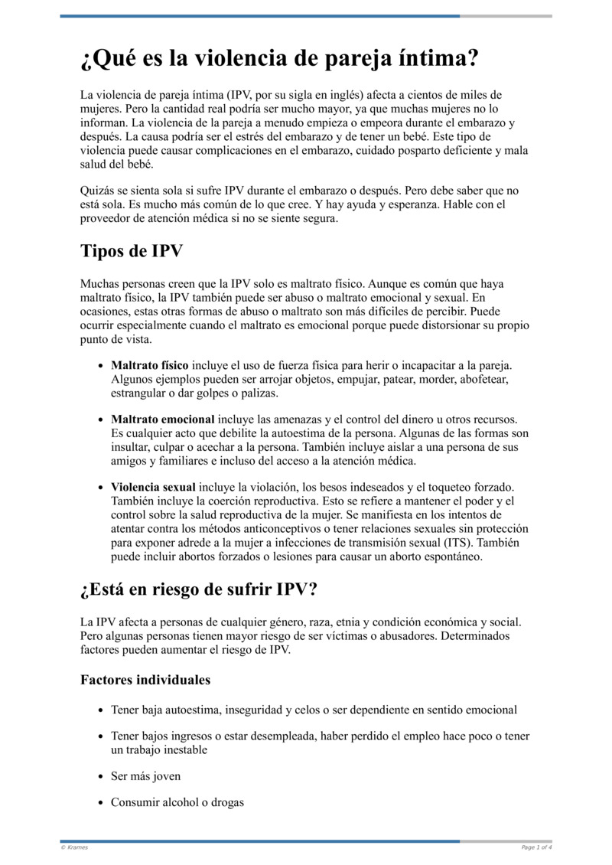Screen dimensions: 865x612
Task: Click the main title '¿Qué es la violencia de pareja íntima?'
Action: click(x=280, y=59)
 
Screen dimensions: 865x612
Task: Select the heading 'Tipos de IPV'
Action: click(x=131, y=251)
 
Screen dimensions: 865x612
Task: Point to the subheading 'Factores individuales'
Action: click(x=145, y=680)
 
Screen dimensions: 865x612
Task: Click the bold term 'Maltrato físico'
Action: click(x=149, y=365)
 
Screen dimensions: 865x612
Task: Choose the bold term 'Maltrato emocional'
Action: click(x=162, y=419)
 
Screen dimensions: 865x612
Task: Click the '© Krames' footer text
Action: click(x=74, y=847)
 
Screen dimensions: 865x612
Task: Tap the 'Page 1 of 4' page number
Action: click(x=536, y=847)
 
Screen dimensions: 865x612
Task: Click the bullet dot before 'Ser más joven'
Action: click(x=101, y=777)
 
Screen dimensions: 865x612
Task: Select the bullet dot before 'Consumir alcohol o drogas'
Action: click(x=101, y=804)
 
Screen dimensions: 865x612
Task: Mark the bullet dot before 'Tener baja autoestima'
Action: click(x=101, y=710)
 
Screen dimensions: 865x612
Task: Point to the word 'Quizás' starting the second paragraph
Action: click(x=97, y=190)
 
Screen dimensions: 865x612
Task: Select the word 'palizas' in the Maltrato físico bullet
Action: click(x=259, y=393)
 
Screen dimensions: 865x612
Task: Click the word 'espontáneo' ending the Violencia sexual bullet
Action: click(x=453, y=557)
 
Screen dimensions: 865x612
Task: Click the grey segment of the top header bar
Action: click(x=506, y=16)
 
